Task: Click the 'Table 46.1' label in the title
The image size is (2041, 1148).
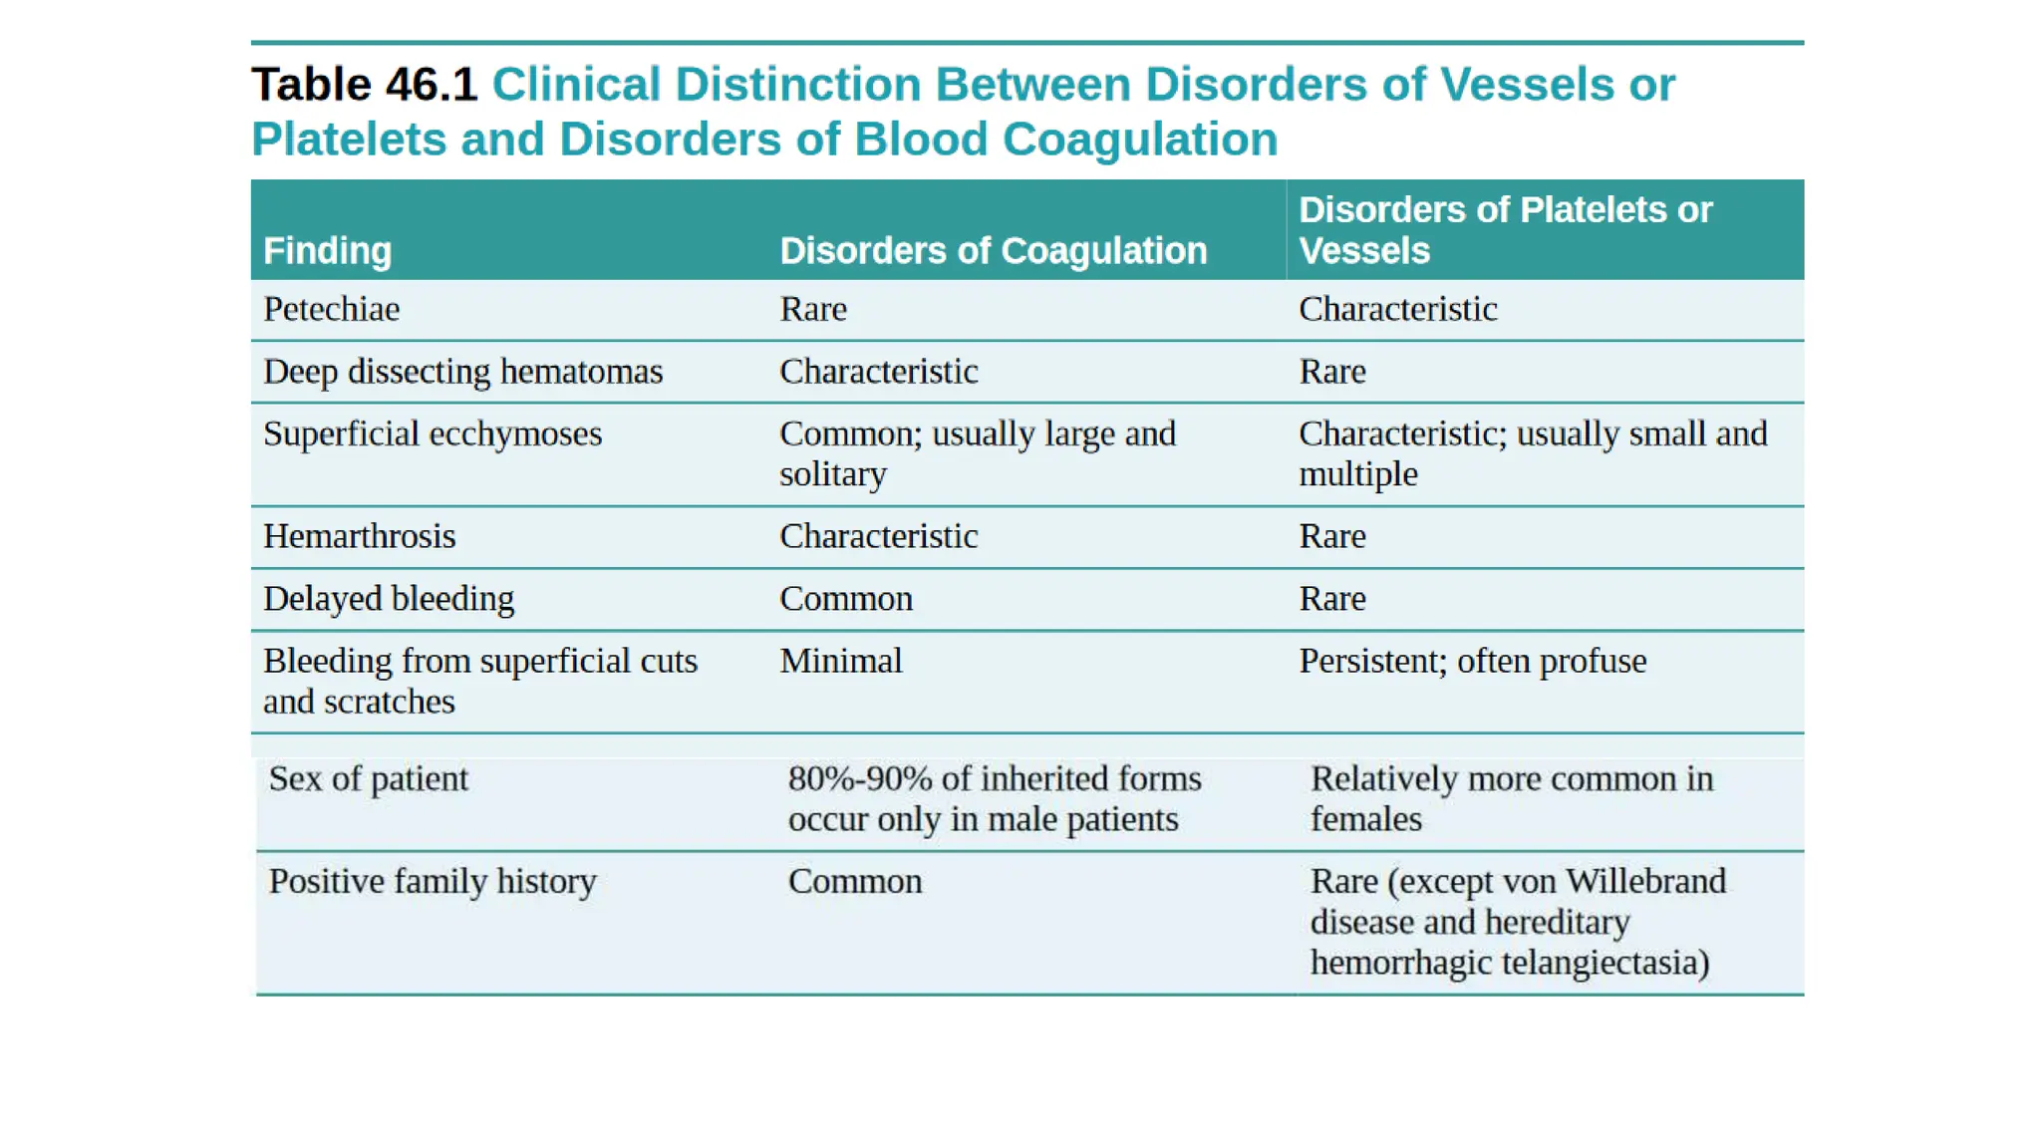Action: tap(365, 85)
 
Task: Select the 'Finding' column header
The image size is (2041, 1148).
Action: tap(327, 251)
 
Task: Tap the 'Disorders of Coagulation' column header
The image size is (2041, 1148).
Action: tap(993, 251)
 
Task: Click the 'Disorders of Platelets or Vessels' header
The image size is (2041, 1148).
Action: tap(1505, 230)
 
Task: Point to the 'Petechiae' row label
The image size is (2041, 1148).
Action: tap(331, 310)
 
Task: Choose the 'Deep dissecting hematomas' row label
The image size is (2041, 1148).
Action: tap(462, 372)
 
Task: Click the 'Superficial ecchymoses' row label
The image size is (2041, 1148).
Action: tap(433, 434)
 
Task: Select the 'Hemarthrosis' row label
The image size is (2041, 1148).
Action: tap(359, 537)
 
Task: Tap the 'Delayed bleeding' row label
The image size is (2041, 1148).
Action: tap(389, 599)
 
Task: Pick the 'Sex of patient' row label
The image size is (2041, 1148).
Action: tap(368, 779)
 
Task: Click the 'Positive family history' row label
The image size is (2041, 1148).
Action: tap(433, 882)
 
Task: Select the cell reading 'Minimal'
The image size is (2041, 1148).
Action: tap(840, 662)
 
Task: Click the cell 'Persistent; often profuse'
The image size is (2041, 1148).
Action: tap(1472, 662)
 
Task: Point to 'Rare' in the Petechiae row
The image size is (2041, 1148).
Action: tap(813, 310)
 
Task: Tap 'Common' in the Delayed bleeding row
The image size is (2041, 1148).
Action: tap(845, 599)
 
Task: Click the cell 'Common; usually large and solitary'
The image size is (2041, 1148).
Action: tap(977, 454)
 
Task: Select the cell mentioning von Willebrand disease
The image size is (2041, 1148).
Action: tap(1518, 922)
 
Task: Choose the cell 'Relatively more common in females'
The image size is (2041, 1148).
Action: tap(1511, 799)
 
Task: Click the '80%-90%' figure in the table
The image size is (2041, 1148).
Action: tap(860, 779)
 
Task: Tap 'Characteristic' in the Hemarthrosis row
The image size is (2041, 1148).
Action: tap(878, 537)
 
